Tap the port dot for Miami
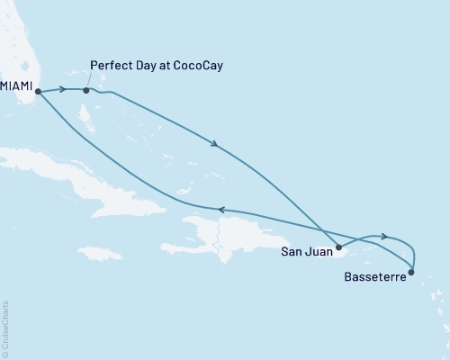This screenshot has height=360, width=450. point(38,91)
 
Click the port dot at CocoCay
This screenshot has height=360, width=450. point(85,90)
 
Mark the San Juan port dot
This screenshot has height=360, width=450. point(338,247)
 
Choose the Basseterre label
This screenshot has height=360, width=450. point(374,278)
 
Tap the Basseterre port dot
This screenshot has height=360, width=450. point(412,271)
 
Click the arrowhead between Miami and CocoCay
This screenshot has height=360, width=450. point(64,90)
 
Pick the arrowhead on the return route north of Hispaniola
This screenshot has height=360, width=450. point(220,210)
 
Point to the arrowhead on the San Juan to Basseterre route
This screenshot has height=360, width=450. point(385,237)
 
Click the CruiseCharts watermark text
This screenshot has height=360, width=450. point(6,329)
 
